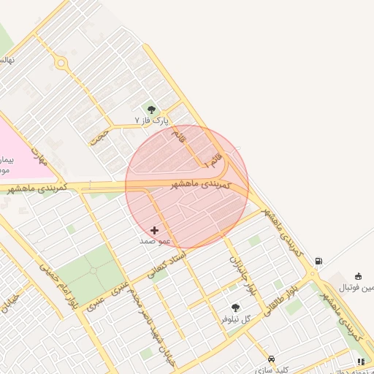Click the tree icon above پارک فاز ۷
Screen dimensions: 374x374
coord(152,110)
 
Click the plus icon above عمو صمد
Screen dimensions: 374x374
coord(154,230)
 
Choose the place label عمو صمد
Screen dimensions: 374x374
coord(155,240)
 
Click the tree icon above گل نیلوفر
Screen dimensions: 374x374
coord(235,308)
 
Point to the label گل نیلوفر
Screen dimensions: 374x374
coord(236,318)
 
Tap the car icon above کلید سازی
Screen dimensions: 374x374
coord(272,359)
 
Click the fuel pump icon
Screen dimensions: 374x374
coord(318,261)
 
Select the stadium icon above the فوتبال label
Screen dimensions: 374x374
coord(358,276)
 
